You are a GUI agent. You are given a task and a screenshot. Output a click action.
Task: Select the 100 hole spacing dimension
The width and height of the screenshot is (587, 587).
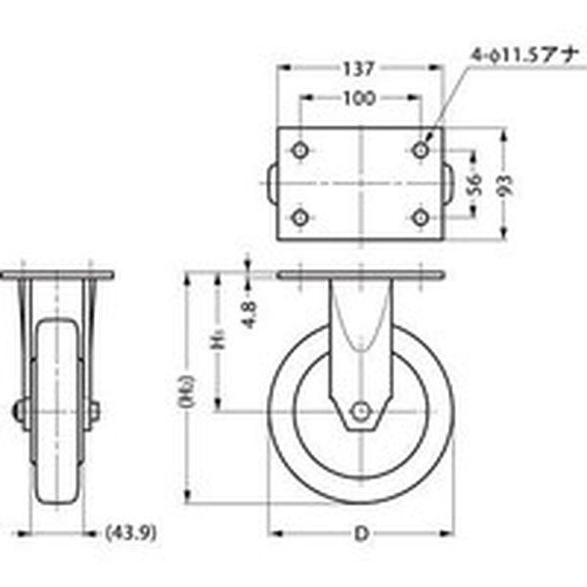click(x=361, y=100)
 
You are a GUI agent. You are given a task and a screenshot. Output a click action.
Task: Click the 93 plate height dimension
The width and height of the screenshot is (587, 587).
click(x=505, y=186)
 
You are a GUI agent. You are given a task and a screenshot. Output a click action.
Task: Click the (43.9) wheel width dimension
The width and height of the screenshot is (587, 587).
click(x=131, y=534)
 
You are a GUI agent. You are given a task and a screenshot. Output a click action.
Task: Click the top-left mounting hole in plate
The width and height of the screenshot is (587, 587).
click(x=299, y=151)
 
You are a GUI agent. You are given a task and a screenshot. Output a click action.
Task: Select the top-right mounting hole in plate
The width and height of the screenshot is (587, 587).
click(x=422, y=151)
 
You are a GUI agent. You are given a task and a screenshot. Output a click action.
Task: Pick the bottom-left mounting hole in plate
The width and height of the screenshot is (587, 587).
click(x=299, y=216)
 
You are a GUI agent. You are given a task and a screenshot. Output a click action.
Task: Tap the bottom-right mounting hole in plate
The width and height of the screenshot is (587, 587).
click(x=422, y=216)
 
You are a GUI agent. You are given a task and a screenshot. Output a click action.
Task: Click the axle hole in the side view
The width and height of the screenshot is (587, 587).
click(x=362, y=412)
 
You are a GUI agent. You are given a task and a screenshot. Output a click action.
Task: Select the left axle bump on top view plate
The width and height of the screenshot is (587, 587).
click(x=272, y=184)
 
